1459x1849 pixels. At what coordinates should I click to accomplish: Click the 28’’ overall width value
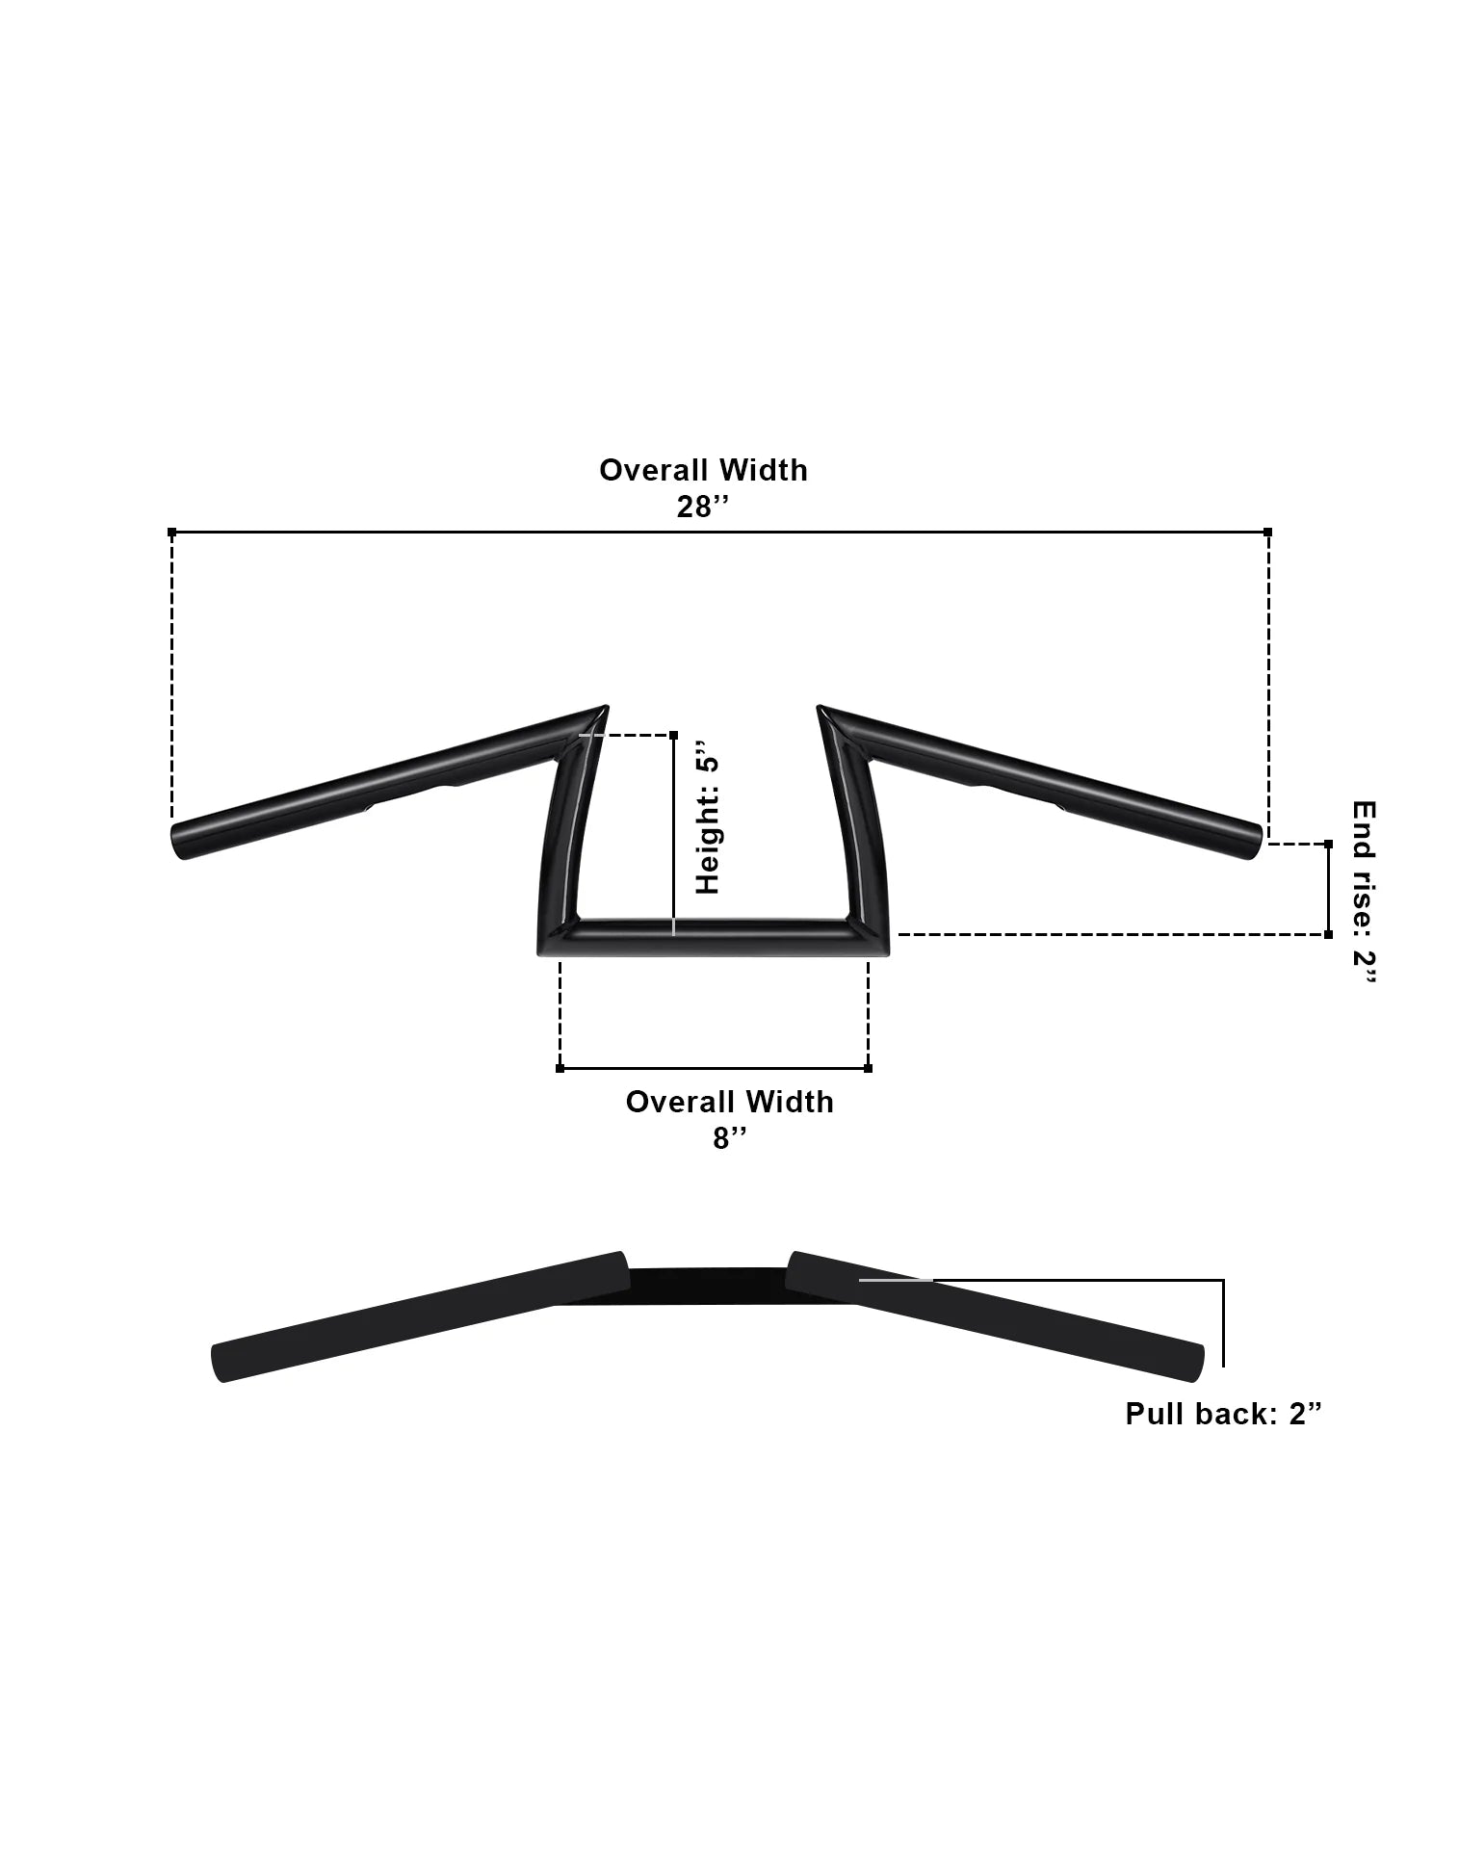pyautogui.click(x=700, y=508)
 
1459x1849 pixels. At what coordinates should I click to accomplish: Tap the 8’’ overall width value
pyautogui.click(x=729, y=1138)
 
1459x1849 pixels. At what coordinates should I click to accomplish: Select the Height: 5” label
pyautogui.click(x=708, y=817)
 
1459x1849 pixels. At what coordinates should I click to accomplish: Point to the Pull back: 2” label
pyautogui.click(x=1223, y=1414)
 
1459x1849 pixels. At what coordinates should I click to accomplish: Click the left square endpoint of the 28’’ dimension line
pyautogui.click(x=172, y=532)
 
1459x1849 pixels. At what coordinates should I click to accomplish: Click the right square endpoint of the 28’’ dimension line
pyautogui.click(x=1267, y=532)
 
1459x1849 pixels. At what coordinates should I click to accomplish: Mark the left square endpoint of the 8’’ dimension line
pyautogui.click(x=560, y=1068)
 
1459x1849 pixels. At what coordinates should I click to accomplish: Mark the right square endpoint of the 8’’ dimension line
pyautogui.click(x=868, y=1068)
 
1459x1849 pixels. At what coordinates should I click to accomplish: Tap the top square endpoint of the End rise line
pyautogui.click(x=1329, y=844)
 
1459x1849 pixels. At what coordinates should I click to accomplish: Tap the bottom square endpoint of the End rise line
pyautogui.click(x=1329, y=934)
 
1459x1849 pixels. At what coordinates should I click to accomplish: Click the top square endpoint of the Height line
pyautogui.click(x=672, y=735)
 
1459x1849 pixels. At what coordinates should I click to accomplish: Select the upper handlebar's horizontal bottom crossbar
pyautogui.click(x=713, y=938)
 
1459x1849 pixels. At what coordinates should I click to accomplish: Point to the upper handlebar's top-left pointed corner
pyautogui.click(x=605, y=710)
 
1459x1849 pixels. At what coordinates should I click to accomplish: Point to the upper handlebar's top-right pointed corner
pyautogui.click(x=821, y=710)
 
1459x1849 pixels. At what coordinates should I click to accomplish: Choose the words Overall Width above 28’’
pyautogui.click(x=703, y=470)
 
